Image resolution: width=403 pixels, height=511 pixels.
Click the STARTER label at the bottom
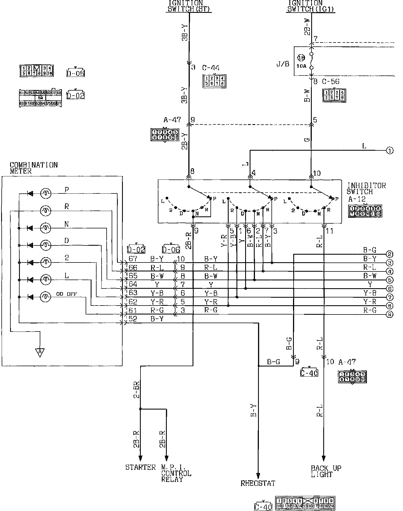[x=140, y=467]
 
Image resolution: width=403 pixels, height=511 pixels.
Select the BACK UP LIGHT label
[x=326, y=471]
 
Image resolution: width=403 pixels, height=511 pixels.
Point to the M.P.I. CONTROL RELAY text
[x=176, y=473]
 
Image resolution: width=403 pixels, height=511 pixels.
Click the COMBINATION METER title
[x=34, y=168]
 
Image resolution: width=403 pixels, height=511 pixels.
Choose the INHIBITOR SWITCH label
[x=366, y=188]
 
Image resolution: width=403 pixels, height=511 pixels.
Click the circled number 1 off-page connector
[x=390, y=150]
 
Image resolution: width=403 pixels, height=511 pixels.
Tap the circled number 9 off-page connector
[x=390, y=314]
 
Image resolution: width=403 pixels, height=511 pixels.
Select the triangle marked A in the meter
[x=40, y=352]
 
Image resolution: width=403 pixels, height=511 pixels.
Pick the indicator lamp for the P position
[x=46, y=193]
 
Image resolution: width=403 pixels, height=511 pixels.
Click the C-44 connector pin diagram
[x=214, y=81]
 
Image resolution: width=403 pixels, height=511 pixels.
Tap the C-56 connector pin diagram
[x=334, y=95]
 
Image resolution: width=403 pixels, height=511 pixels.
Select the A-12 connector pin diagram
[x=365, y=211]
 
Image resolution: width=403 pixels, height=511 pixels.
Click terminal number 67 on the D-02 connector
[x=133, y=259]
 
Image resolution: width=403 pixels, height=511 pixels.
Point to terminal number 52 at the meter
[x=133, y=319]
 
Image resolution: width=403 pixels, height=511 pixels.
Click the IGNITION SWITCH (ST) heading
[x=189, y=6]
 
